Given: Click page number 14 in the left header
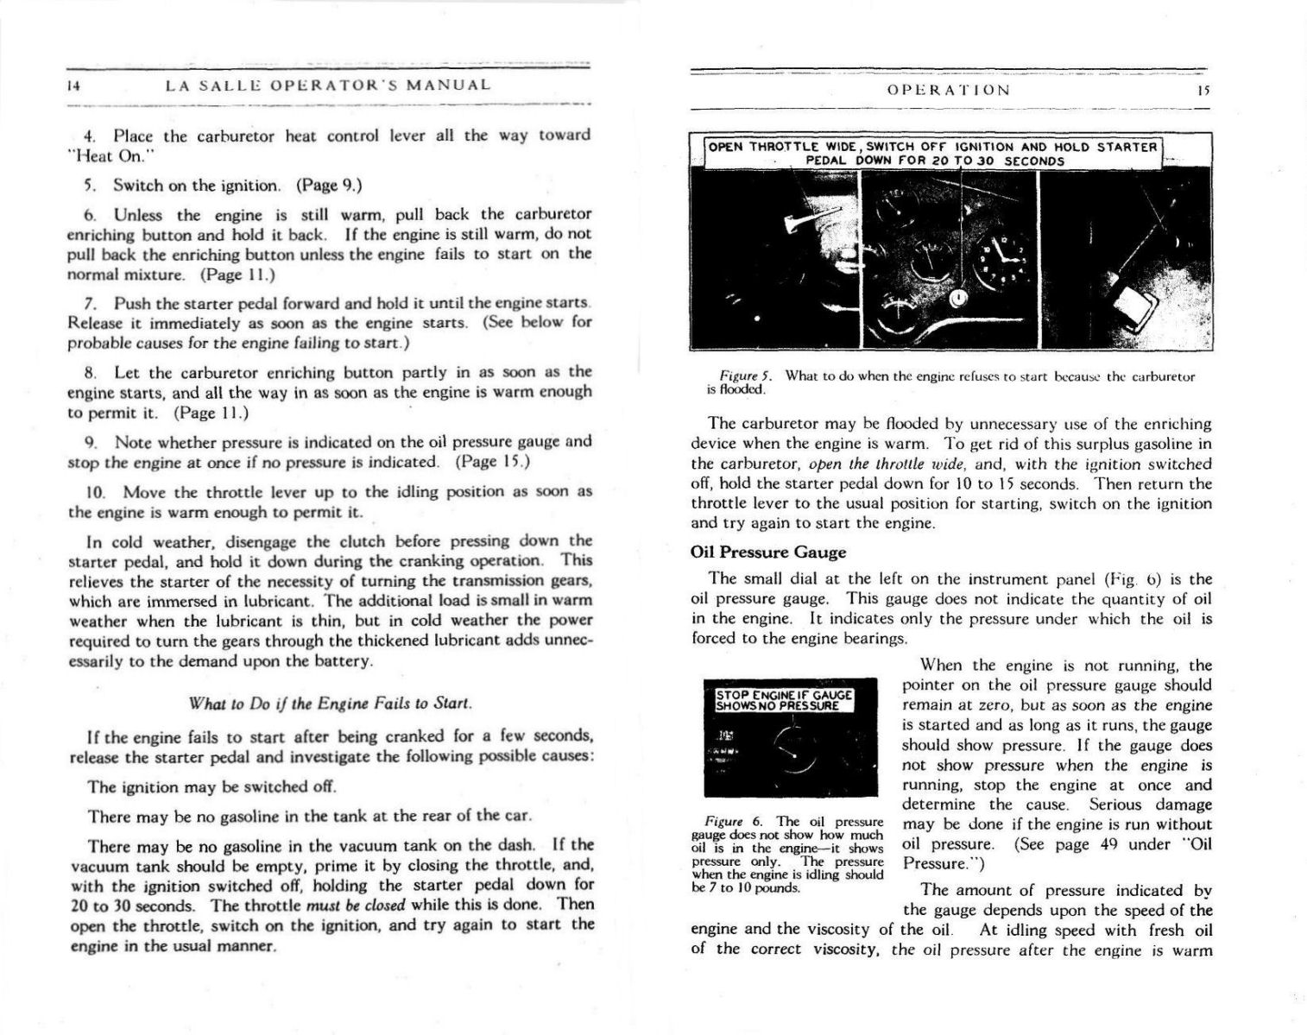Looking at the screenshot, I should click(73, 86).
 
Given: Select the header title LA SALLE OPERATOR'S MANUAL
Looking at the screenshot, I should click(328, 85).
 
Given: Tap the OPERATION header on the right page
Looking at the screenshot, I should click(948, 90).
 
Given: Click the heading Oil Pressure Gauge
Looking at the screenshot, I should click(768, 552).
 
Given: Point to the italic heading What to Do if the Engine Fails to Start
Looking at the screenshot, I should click(330, 704).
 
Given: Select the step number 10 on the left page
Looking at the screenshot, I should click(95, 492).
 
